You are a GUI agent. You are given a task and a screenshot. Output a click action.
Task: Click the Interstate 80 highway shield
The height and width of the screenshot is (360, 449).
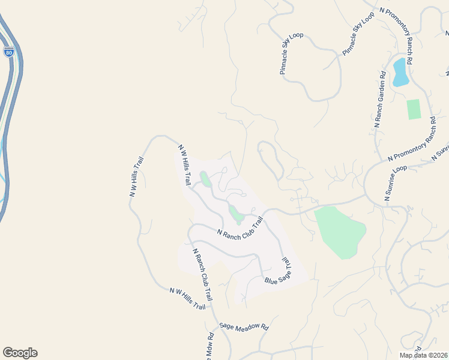(8, 52)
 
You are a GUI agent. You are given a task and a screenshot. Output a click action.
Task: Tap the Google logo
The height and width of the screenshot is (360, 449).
(20, 353)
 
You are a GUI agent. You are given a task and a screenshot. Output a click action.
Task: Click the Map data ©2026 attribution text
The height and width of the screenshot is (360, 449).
(423, 355)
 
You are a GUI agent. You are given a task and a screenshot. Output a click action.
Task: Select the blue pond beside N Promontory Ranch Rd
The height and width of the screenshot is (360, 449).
(400, 72)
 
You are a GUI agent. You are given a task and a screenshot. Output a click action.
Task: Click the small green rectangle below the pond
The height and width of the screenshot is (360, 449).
(414, 109)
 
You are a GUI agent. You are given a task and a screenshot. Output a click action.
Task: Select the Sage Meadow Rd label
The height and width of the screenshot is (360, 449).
(244, 326)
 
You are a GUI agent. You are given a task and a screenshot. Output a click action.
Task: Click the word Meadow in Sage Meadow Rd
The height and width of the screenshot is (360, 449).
(246, 327)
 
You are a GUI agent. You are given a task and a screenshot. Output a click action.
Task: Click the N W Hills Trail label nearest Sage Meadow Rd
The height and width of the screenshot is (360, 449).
(187, 298)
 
